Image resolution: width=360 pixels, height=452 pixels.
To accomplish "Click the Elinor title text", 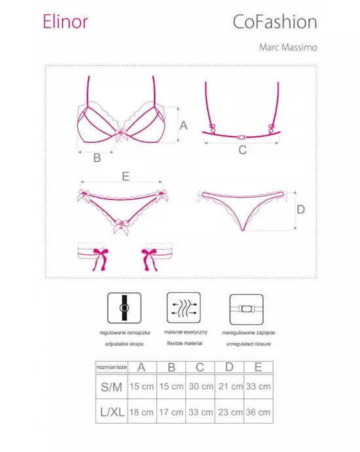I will (x=65, y=22).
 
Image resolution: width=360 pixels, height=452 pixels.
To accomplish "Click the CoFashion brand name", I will (x=275, y=22).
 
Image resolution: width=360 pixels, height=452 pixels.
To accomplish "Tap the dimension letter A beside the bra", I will (x=184, y=124).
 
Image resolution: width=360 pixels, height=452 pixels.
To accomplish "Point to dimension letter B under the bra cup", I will (x=96, y=157).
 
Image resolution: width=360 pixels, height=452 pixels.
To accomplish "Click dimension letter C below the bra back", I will (x=243, y=150).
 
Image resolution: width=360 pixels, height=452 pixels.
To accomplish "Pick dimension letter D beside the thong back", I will (x=300, y=210).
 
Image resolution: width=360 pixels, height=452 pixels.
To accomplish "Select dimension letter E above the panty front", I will (x=125, y=176).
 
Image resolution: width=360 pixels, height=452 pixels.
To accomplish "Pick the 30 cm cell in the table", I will (x=200, y=386).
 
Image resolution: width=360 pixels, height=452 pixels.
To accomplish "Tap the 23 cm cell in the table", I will (x=228, y=412).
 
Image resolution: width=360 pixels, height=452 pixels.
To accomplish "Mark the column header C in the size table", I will (x=200, y=367).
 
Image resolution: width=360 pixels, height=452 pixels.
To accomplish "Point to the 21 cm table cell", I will (x=228, y=386).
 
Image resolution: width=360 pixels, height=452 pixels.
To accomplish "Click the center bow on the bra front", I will (x=121, y=136).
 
